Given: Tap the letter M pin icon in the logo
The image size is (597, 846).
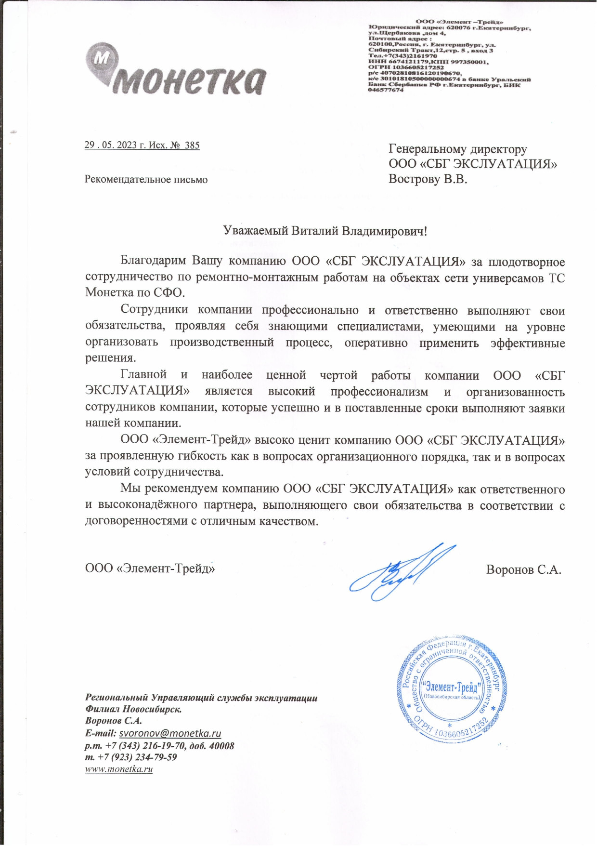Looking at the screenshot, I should (x=102, y=59).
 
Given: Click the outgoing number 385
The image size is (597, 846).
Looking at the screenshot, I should (x=192, y=145).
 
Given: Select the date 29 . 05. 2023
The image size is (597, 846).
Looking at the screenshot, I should (x=111, y=145).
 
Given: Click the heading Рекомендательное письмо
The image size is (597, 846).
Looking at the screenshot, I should (x=146, y=180).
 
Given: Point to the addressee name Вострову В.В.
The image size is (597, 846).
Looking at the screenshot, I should (x=428, y=179).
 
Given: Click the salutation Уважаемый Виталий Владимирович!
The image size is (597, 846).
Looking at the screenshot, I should (x=325, y=231).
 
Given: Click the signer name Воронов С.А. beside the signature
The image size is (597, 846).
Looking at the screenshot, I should (x=523, y=569).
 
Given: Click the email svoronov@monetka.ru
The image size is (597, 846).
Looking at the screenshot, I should (x=170, y=733).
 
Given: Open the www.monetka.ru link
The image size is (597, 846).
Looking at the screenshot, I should (x=119, y=769).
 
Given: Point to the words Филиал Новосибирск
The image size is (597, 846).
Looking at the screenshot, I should (x=133, y=709).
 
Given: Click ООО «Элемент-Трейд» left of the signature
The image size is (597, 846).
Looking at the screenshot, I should (x=150, y=568).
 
